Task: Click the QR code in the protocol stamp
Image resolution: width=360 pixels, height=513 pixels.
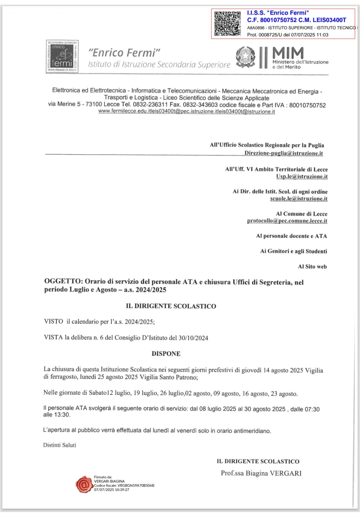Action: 227,23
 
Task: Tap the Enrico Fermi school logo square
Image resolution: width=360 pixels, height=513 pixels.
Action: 62,56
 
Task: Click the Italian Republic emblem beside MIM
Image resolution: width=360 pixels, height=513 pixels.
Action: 246,56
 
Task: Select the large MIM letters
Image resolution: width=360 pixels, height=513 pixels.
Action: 288,53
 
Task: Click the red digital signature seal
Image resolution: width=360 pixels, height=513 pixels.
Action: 84,484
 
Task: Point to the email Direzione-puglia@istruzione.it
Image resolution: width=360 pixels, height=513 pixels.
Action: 283,153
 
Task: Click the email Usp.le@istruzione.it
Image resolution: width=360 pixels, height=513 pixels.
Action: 302,176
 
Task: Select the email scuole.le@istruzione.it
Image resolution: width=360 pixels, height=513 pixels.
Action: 299,199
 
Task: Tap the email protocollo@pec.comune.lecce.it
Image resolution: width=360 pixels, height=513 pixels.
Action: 287,221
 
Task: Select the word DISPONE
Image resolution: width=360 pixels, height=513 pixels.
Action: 166,354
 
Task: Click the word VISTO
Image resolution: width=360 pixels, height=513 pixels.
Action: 53,321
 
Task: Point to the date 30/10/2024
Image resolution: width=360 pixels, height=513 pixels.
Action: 193,338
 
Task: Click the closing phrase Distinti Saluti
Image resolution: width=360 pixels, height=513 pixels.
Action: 60,445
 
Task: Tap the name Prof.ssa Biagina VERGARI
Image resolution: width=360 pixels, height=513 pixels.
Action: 261,473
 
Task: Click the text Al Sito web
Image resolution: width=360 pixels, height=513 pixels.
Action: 312,267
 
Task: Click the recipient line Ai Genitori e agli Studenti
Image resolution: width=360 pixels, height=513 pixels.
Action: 293,251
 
